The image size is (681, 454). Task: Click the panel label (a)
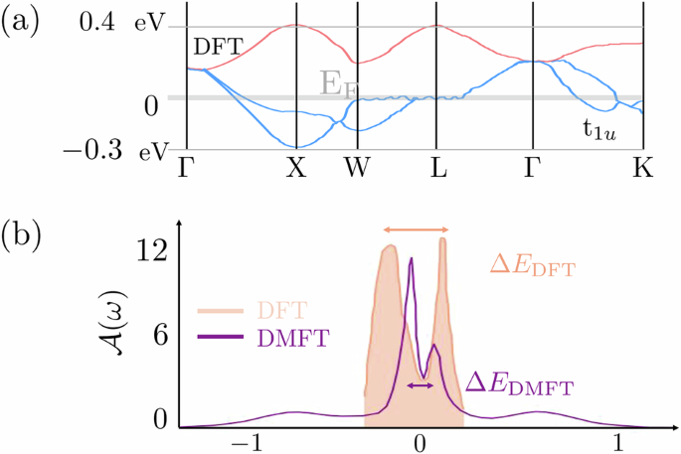[21, 22]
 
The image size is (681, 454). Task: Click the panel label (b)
[21, 239]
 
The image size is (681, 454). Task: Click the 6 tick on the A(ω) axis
[157, 338]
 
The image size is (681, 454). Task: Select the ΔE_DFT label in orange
[533, 265]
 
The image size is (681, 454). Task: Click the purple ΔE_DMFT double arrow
[421, 384]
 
